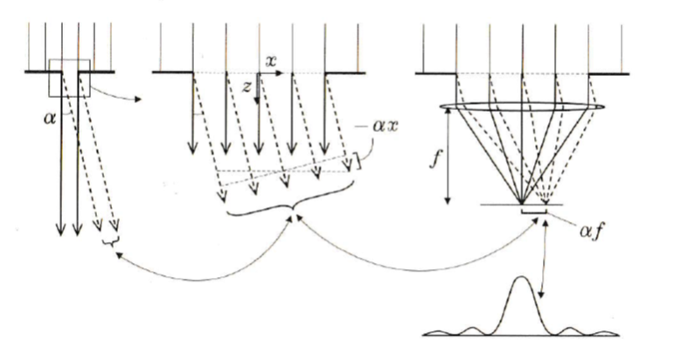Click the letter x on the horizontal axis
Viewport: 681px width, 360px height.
click(272, 62)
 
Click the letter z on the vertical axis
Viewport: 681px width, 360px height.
click(247, 88)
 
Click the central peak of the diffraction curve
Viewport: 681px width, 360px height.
click(522, 280)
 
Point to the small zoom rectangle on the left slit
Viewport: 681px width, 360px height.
click(70, 78)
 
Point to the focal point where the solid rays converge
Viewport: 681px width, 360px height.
click(522, 203)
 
